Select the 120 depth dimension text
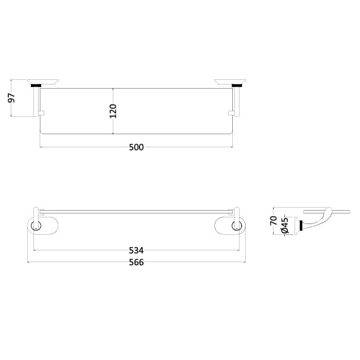113,111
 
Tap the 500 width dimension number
136,147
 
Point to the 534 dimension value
136,251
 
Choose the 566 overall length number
136,262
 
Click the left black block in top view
36,85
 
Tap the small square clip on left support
43,112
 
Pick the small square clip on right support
230,112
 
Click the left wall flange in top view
44,80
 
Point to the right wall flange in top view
229,80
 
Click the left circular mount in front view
35,226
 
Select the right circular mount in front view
237,226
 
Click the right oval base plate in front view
230,226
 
